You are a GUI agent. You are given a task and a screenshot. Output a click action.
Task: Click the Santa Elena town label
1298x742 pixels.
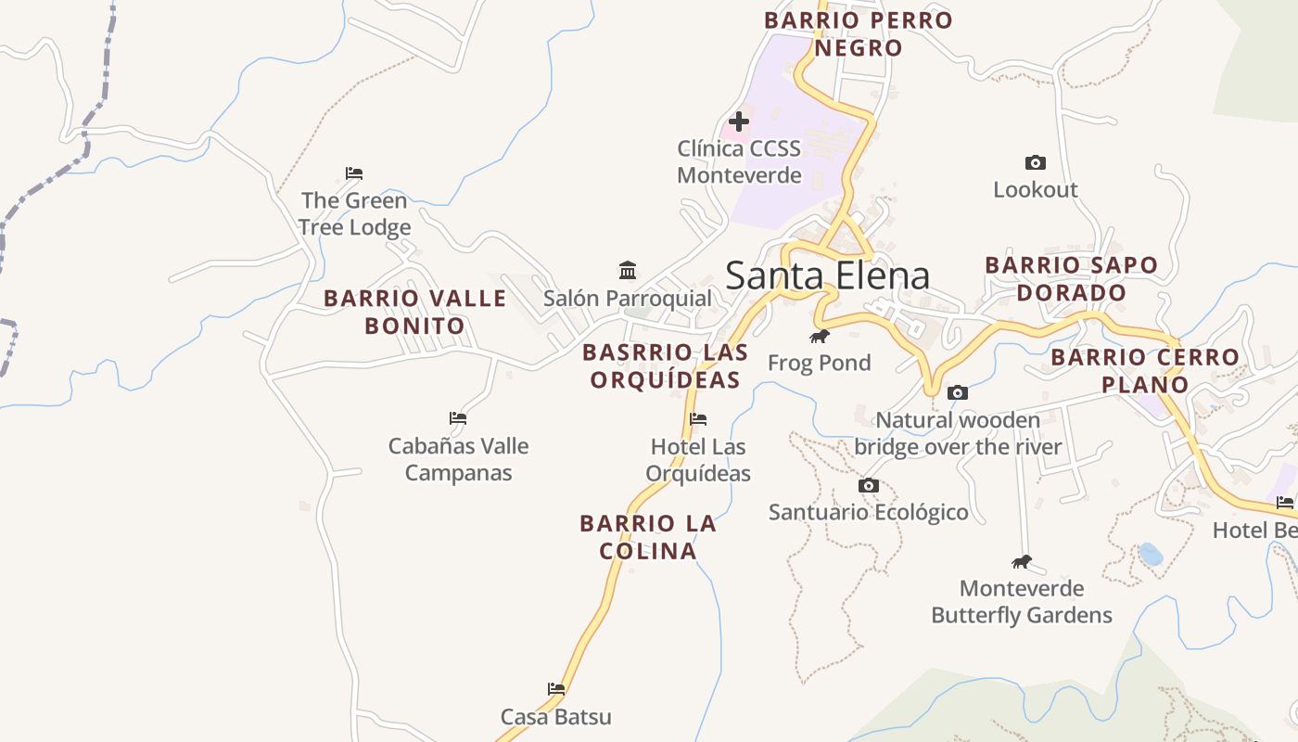[827, 276]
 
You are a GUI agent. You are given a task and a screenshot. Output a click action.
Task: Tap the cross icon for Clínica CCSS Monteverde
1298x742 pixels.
[739, 122]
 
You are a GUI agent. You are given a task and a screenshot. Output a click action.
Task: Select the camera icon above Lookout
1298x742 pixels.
[1036, 163]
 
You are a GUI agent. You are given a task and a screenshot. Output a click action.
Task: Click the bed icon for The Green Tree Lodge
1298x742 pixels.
[354, 173]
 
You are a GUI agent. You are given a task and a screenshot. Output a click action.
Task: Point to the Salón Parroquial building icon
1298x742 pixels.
[628, 271]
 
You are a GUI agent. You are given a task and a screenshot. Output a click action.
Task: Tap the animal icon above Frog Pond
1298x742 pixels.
[819, 336]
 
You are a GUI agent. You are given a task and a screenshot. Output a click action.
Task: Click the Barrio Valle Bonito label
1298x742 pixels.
[414, 312]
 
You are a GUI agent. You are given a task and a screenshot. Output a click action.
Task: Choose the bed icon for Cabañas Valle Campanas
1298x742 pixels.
[458, 418]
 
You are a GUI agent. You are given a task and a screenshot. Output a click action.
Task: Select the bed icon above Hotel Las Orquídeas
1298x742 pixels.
[698, 419]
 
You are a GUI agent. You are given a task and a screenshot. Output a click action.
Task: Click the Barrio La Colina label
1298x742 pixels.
[648, 537]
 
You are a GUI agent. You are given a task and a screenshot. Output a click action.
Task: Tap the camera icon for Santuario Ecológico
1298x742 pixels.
[869, 485]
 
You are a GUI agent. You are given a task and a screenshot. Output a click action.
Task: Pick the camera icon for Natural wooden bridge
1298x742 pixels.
[958, 393]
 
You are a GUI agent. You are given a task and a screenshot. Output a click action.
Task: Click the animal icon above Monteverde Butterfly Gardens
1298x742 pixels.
[1022, 561]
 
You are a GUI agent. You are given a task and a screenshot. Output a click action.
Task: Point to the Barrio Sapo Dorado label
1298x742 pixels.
[1071, 278]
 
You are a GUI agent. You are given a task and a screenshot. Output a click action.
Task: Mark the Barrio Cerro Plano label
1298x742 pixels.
[1145, 370]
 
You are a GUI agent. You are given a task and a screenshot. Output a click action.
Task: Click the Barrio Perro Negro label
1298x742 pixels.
[859, 33]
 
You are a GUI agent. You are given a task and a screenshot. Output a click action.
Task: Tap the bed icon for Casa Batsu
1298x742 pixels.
[556, 689]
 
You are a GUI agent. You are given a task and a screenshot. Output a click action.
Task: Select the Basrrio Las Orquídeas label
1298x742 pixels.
[665, 365]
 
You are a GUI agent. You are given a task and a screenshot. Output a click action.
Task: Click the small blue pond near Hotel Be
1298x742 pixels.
[1151, 554]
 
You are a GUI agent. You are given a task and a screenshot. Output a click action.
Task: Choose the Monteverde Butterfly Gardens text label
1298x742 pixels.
[1022, 601]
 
